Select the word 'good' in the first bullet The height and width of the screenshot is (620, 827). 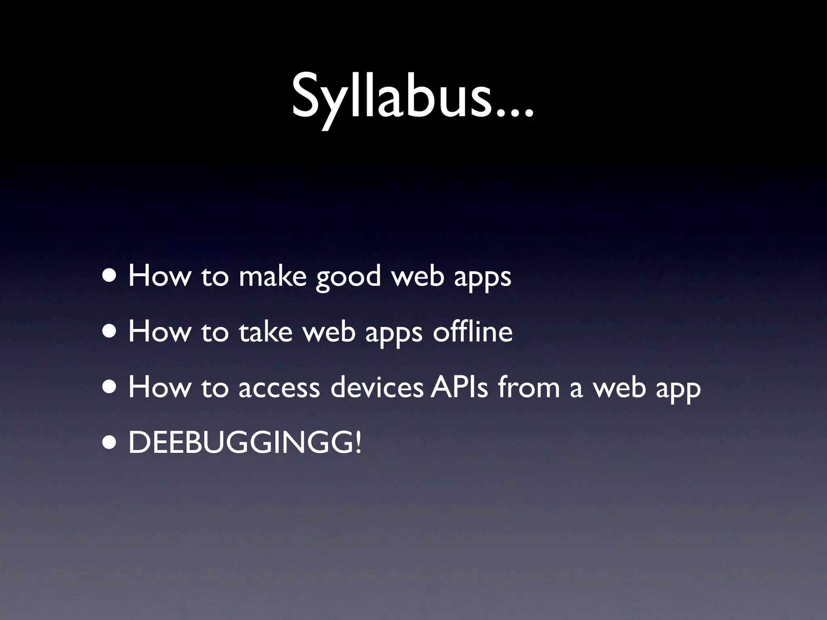tap(348, 277)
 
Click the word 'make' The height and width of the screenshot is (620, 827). tap(273, 276)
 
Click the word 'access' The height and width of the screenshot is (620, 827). tap(279, 387)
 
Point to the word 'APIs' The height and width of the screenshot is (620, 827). tap(459, 387)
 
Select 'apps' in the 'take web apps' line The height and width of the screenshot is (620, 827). tap(394, 334)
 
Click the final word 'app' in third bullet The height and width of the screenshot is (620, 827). tap(678, 389)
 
